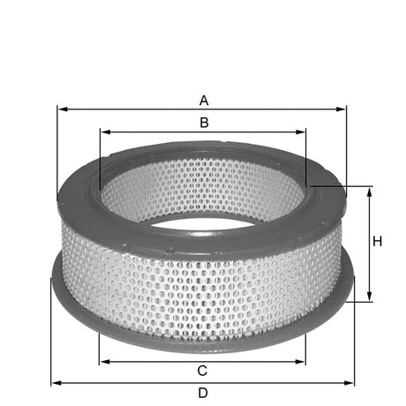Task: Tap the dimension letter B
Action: point(203,122)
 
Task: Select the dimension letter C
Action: point(202,370)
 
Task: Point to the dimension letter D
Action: point(202,393)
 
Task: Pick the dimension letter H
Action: point(377,242)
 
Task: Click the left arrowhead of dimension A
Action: point(62,109)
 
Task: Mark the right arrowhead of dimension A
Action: point(342,109)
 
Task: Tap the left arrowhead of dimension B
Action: point(104,132)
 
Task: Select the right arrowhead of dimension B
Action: point(302,132)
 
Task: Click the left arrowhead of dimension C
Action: point(104,360)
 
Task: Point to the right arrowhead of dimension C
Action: point(302,360)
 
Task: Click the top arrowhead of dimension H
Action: point(370,192)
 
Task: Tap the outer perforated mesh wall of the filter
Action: point(203,282)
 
